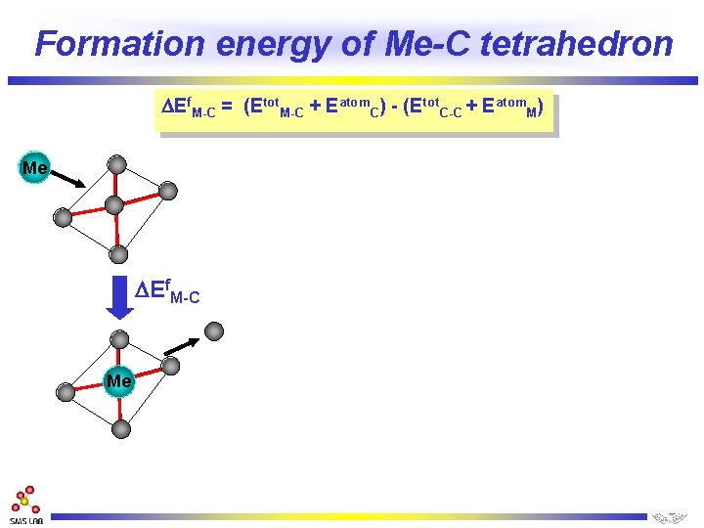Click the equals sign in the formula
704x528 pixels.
pos(226,110)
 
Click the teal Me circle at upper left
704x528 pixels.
pos(35,168)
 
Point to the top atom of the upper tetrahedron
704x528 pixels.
pos(117,164)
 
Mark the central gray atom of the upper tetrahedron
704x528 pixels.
pos(114,204)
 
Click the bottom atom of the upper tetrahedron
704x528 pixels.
pos(118,254)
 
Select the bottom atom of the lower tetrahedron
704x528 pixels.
pos(120,428)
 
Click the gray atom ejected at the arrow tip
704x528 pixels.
pos(214,331)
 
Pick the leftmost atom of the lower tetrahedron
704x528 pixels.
pos(66,392)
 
